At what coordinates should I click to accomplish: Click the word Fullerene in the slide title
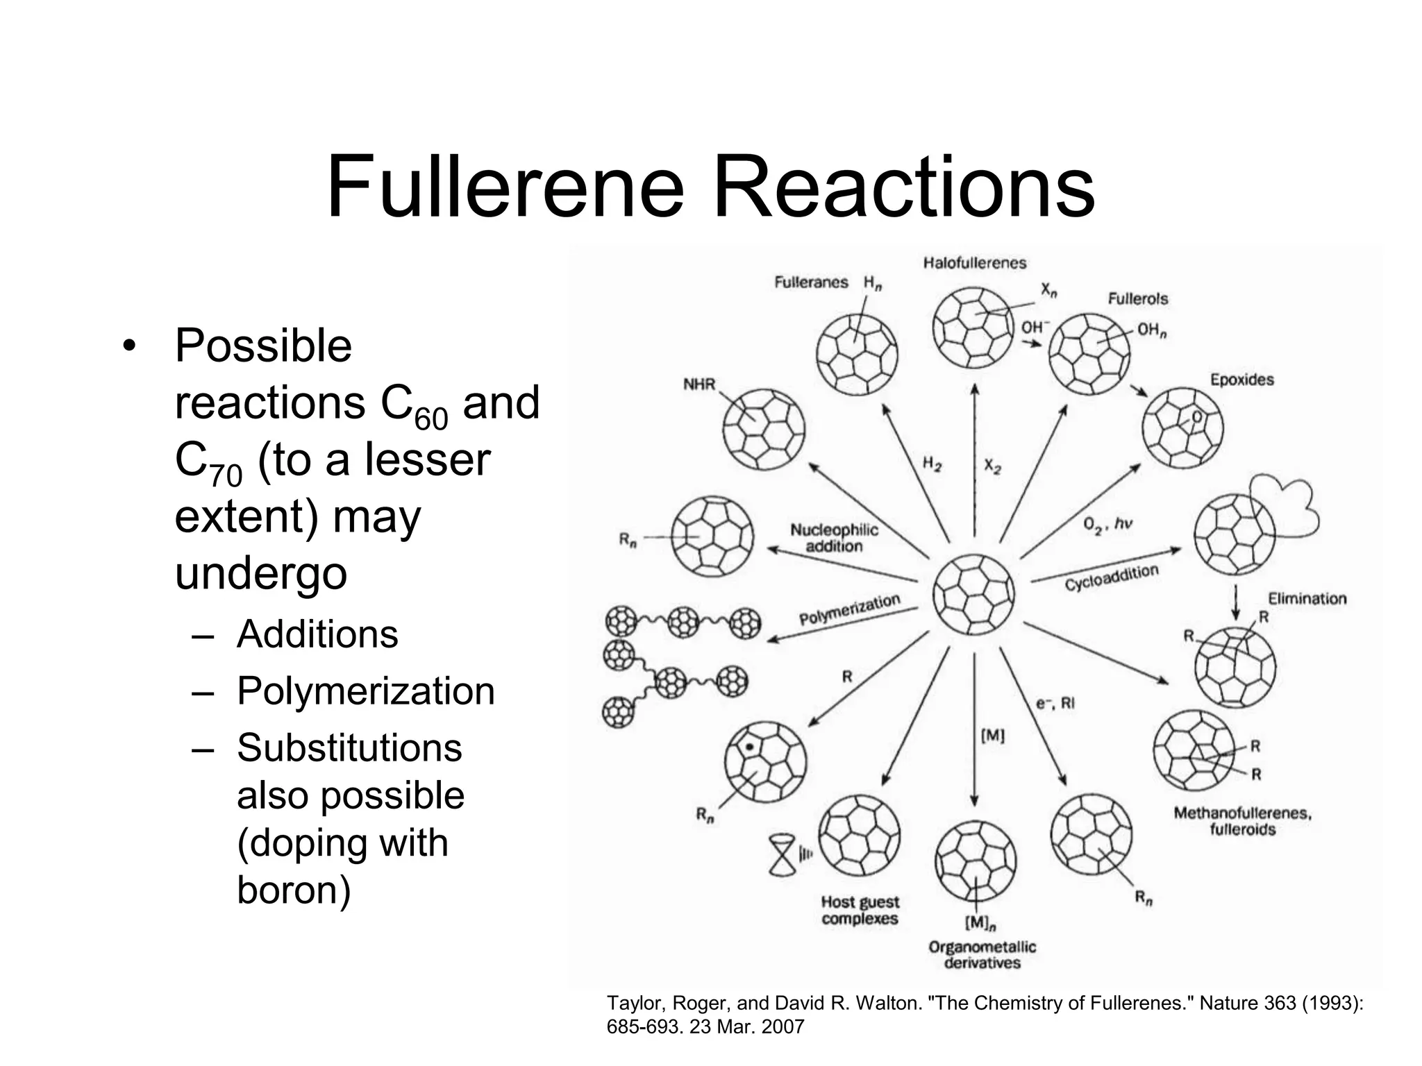[x=506, y=187]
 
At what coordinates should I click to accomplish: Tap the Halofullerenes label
[x=974, y=262]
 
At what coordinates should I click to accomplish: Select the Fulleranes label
[x=811, y=282]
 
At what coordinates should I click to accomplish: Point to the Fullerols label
[x=1137, y=298]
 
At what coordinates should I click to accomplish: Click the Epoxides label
[x=1241, y=380]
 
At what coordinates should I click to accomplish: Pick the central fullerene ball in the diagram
[x=973, y=595]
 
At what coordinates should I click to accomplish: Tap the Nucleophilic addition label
[x=834, y=538]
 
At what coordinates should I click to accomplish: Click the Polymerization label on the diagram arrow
[x=849, y=610]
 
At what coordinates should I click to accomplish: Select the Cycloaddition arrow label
[x=1112, y=577]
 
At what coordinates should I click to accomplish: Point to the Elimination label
[x=1307, y=598]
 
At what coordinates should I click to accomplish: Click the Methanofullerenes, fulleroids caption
[x=1242, y=821]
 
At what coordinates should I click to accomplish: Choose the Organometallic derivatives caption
[x=982, y=955]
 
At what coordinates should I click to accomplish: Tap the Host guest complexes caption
[x=860, y=910]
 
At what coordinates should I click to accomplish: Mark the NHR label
[x=699, y=384]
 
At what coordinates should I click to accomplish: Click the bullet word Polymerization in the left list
[x=365, y=691]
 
